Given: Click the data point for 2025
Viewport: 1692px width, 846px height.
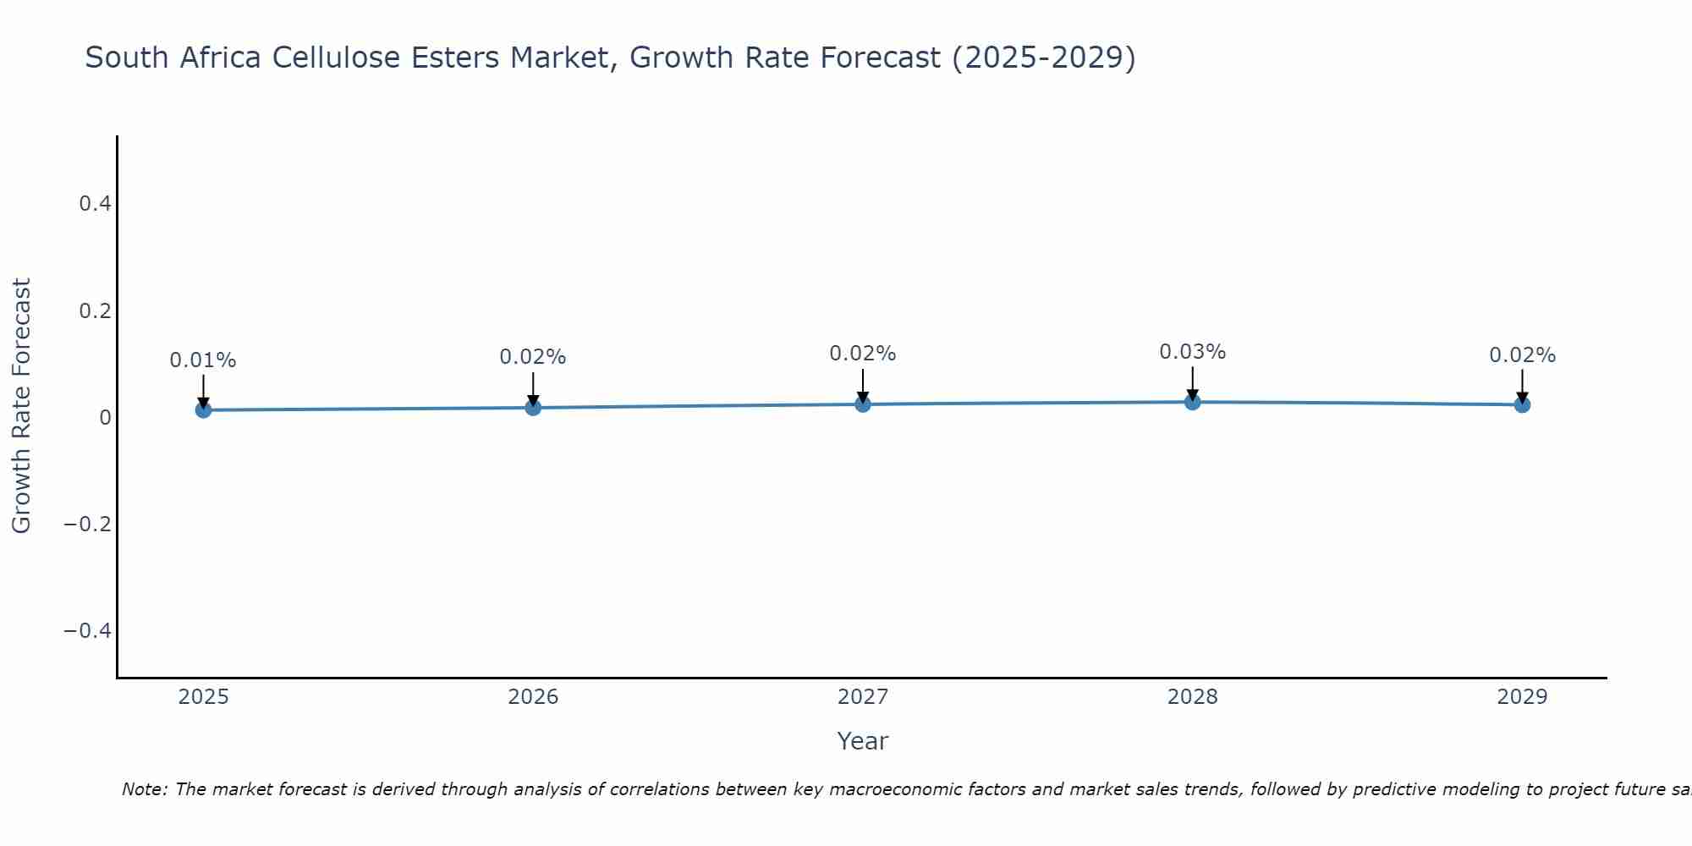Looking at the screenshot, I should pos(203,410).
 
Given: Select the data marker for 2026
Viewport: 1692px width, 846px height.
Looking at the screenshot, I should pos(533,408).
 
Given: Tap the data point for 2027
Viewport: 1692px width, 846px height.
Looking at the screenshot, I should pos(863,404).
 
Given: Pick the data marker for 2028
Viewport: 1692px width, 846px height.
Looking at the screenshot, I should pos(1192,402).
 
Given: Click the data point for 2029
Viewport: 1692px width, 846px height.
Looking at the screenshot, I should pos(1522,404).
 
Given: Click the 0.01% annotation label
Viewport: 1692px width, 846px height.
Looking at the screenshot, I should pos(203,360).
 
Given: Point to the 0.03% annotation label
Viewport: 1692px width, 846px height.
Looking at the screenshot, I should pos(1192,352).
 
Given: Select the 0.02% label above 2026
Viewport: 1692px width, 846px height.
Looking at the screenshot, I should pos(533,357).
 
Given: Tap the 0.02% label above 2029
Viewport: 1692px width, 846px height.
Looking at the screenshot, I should pos(1522,355).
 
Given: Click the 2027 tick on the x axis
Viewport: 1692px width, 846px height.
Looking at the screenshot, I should pos(863,697).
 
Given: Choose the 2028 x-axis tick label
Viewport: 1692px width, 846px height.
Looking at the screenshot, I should pos(1192,697).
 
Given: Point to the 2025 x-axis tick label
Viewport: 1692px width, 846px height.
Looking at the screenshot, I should pos(203,697).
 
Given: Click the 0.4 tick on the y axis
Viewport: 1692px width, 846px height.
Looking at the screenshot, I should pos(95,204).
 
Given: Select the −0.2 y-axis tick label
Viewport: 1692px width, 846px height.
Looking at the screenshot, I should pos(87,525).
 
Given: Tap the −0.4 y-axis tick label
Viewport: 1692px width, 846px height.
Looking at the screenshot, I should pos(87,631).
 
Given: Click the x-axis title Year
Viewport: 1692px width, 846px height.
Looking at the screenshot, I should pos(862,741).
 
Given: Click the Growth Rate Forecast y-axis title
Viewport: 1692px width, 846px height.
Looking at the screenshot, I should pos(21,406).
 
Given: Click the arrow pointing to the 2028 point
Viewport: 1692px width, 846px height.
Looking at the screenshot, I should pos(1192,383).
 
